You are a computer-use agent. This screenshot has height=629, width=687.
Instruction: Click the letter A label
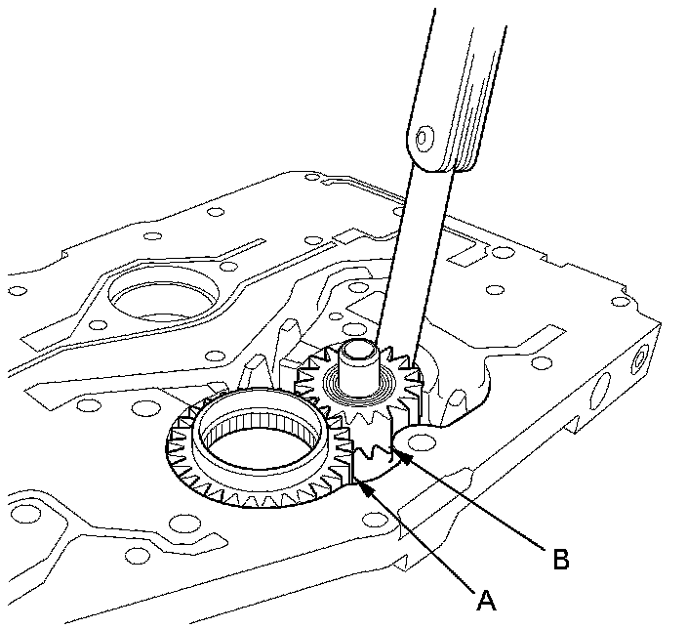point(486,600)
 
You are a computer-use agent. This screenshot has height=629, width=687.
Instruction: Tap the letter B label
point(561,559)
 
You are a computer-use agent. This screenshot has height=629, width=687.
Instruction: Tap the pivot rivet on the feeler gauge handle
point(424,138)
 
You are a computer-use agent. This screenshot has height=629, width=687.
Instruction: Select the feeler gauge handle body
point(460,88)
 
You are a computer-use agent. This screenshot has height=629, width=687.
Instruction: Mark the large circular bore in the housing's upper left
point(163,293)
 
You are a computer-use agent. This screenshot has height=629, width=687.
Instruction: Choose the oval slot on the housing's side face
point(600,392)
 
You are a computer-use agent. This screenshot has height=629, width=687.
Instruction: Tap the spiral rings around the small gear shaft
point(359,386)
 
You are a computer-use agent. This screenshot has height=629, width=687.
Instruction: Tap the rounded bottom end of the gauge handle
point(431,163)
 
